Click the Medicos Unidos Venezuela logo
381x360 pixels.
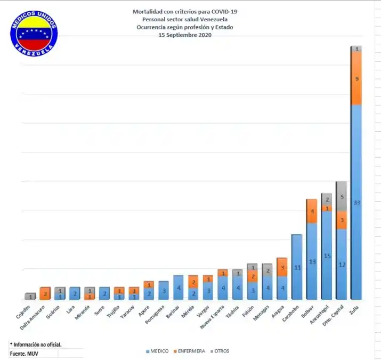(34, 33)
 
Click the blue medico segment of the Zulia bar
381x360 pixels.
(356, 202)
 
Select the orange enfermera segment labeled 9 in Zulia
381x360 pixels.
(356, 78)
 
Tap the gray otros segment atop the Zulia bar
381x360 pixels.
(356, 49)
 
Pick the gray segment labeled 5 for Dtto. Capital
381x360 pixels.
(341, 196)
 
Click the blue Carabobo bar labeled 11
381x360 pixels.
(297, 267)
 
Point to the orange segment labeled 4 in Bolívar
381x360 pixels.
(312, 211)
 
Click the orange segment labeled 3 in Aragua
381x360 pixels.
(282, 267)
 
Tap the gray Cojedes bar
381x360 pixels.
(31, 296)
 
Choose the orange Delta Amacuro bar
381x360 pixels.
(45, 293)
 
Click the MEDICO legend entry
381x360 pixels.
(157, 351)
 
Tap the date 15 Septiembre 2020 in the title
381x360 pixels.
(185, 35)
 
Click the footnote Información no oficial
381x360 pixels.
(36, 345)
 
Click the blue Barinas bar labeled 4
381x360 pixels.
(179, 287)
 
